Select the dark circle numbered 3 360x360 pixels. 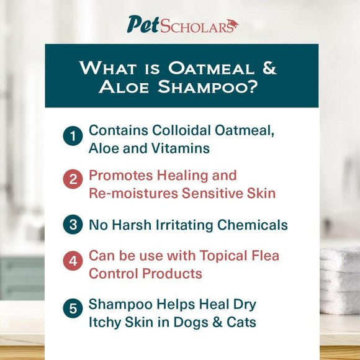pyautogui.click(x=73, y=225)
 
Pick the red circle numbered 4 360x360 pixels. pyautogui.click(x=73, y=261)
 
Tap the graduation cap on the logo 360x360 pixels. pyautogui.click(x=232, y=24)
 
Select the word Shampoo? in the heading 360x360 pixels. pyautogui.click(x=209, y=87)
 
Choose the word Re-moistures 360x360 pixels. pyautogui.click(x=133, y=193)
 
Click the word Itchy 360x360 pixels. pyautogui.click(x=107, y=323)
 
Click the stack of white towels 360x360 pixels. pyautogui.click(x=340, y=279)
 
